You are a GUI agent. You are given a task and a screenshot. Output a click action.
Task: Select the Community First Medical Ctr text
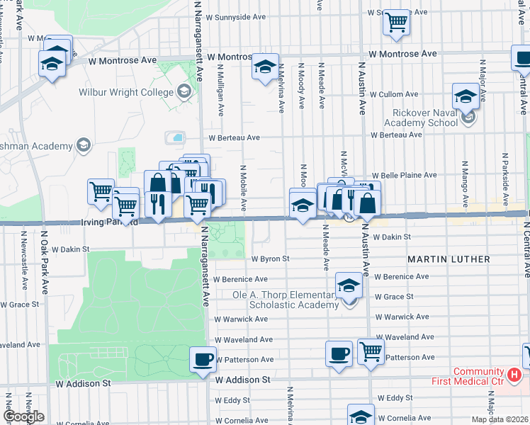478,377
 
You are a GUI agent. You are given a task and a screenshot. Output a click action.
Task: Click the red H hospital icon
515,373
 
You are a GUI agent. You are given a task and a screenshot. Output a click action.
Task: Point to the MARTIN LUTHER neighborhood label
449,260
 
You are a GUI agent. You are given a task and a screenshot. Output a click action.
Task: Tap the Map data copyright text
499,419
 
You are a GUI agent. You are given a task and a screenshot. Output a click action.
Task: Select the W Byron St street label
270,259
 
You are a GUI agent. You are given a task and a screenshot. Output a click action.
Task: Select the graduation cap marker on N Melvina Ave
265,68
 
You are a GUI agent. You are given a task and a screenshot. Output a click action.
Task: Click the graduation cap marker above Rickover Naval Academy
466,96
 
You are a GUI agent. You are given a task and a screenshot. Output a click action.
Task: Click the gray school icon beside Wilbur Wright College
184,91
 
